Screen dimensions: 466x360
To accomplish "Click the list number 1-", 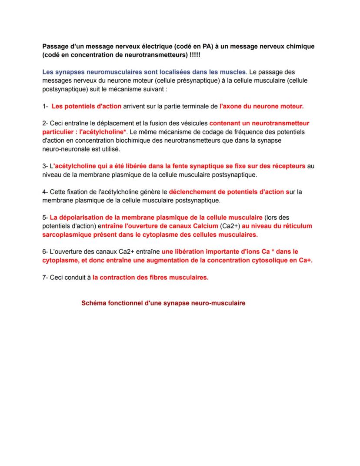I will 45,106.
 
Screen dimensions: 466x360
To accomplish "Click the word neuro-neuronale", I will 63,149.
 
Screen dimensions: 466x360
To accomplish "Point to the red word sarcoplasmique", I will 67,235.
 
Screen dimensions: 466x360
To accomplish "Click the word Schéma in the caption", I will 93,303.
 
